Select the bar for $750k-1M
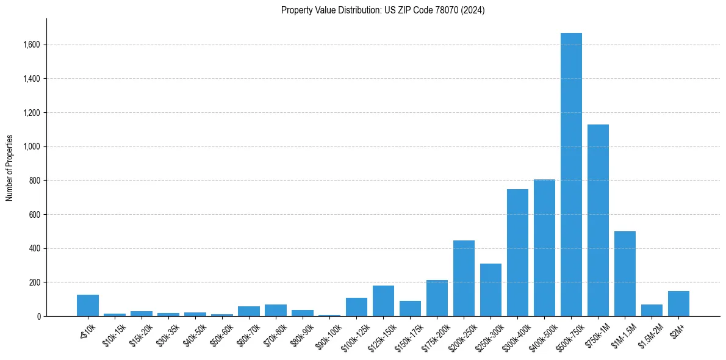[598, 220]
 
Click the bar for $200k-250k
[464, 278]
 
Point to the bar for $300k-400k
[517, 253]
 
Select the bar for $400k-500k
[544, 248]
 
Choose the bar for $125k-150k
[383, 301]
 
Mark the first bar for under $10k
[88, 306]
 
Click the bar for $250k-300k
[491, 290]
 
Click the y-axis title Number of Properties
[10, 167]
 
